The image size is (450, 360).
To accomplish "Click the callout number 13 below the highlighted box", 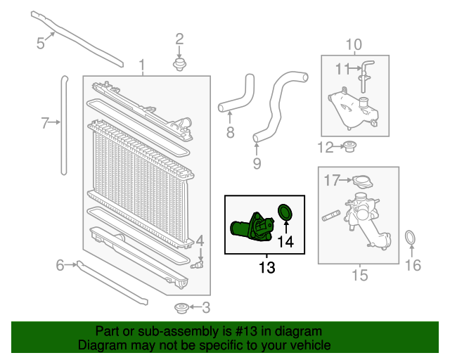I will click(x=266, y=267).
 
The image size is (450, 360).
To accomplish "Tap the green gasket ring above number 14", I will click(x=285, y=211).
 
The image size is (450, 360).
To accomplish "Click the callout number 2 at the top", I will click(x=179, y=39).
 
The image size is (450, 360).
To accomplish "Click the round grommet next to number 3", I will click(x=181, y=307).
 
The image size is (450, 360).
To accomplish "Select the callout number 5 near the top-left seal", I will click(x=40, y=43).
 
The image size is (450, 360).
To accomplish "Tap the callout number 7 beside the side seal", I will click(x=45, y=124).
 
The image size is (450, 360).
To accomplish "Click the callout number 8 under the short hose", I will click(x=230, y=132).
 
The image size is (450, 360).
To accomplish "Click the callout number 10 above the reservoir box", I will click(x=353, y=45).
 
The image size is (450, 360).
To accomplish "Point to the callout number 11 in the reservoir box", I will click(x=342, y=68).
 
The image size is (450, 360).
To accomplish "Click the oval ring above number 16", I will click(x=411, y=239).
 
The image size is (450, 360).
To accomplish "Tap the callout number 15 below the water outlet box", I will click(x=359, y=275).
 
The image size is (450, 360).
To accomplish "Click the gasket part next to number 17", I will click(x=360, y=181).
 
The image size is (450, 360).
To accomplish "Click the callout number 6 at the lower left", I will click(x=60, y=264).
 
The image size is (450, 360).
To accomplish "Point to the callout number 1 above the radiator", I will click(x=143, y=67).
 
